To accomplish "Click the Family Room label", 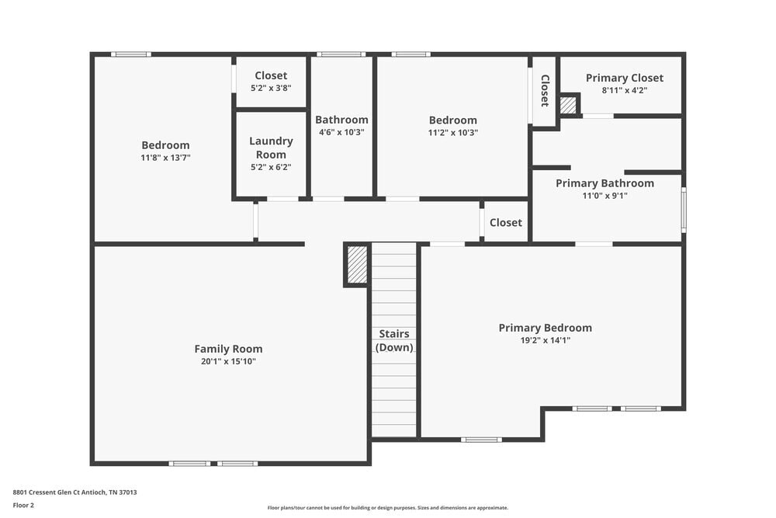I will click(x=228, y=349).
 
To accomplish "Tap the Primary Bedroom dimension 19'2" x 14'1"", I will click(x=545, y=340).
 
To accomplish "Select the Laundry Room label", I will click(x=271, y=148).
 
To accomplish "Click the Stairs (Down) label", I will click(x=394, y=341).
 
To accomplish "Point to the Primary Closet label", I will click(x=624, y=78).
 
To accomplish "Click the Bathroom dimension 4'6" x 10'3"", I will click(x=341, y=132).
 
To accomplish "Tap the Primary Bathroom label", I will click(x=605, y=183).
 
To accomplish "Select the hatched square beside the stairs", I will click(x=357, y=265).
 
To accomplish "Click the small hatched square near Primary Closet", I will click(x=569, y=105).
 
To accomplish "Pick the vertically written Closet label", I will click(x=545, y=91).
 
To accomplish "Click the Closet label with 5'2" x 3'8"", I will click(x=271, y=75).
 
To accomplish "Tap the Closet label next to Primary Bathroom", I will click(x=506, y=222).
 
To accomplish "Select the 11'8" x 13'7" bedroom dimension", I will click(x=165, y=157).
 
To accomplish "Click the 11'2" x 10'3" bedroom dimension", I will click(x=453, y=132).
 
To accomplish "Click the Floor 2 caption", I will click(x=23, y=505).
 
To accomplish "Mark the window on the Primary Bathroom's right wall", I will click(x=684, y=209).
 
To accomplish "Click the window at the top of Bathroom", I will click(x=341, y=54).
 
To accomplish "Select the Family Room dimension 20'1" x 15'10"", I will click(x=228, y=361).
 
